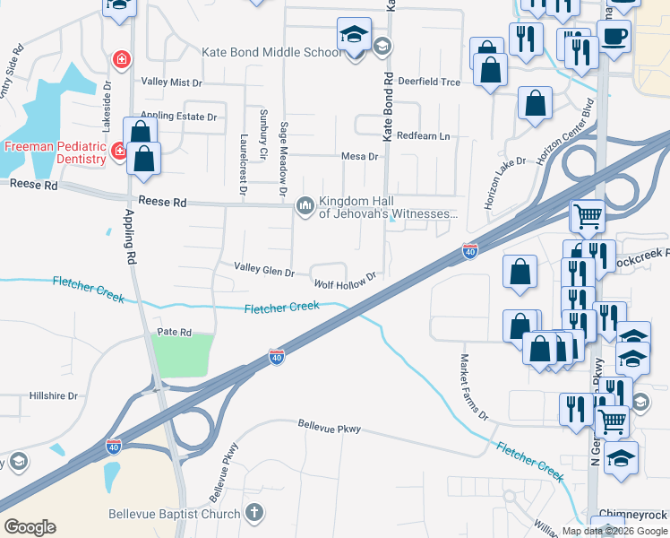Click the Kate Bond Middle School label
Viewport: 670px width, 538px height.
click(271, 52)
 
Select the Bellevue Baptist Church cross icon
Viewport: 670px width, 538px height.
click(254, 513)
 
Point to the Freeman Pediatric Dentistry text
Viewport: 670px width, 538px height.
click(55, 153)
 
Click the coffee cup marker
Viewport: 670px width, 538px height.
click(614, 37)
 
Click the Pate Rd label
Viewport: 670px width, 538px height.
click(175, 332)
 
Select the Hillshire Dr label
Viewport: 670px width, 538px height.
click(56, 395)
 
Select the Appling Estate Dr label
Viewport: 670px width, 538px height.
click(180, 117)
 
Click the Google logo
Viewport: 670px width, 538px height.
click(30, 527)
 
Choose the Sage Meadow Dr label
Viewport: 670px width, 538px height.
click(283, 160)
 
